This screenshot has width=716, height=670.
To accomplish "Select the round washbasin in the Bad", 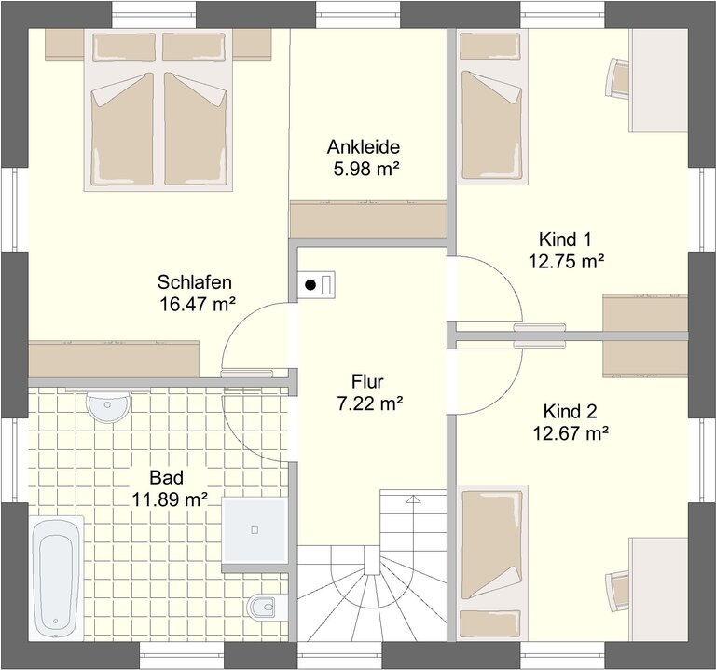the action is [108, 405].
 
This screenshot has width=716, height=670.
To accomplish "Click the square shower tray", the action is [255, 530].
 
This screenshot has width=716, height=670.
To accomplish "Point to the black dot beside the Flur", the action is [310, 285].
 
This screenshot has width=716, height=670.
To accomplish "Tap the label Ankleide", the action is [364, 147].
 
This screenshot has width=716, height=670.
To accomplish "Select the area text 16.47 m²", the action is [198, 304].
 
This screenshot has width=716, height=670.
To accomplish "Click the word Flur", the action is [367, 381].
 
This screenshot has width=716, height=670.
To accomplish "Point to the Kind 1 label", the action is [565, 239].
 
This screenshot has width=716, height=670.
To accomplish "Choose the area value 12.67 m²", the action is [571, 433].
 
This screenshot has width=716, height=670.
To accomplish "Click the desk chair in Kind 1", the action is [618, 77].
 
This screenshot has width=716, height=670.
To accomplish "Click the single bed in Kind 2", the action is [492, 563].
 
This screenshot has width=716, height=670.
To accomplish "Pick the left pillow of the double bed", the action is [124, 48].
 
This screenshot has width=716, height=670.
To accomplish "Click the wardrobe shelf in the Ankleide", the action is [368, 219].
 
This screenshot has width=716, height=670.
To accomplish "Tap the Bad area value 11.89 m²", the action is [170, 500].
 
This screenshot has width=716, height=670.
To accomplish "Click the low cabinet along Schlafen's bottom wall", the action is [114, 359].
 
